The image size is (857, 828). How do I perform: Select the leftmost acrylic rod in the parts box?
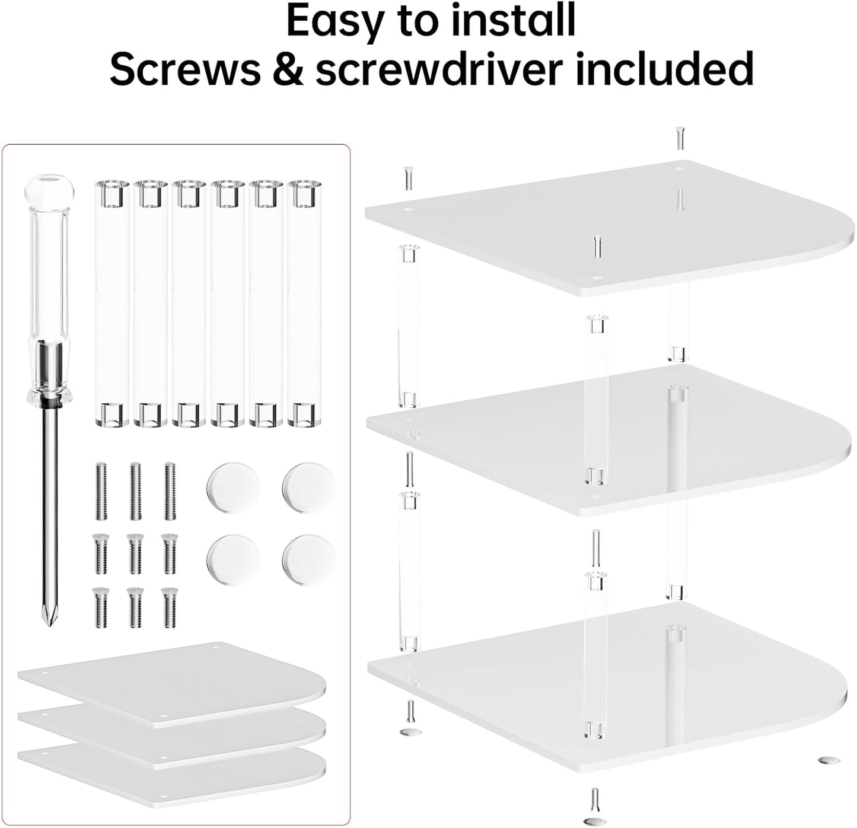tap(111, 302)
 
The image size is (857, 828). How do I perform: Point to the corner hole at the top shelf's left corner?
tap(408, 209)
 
